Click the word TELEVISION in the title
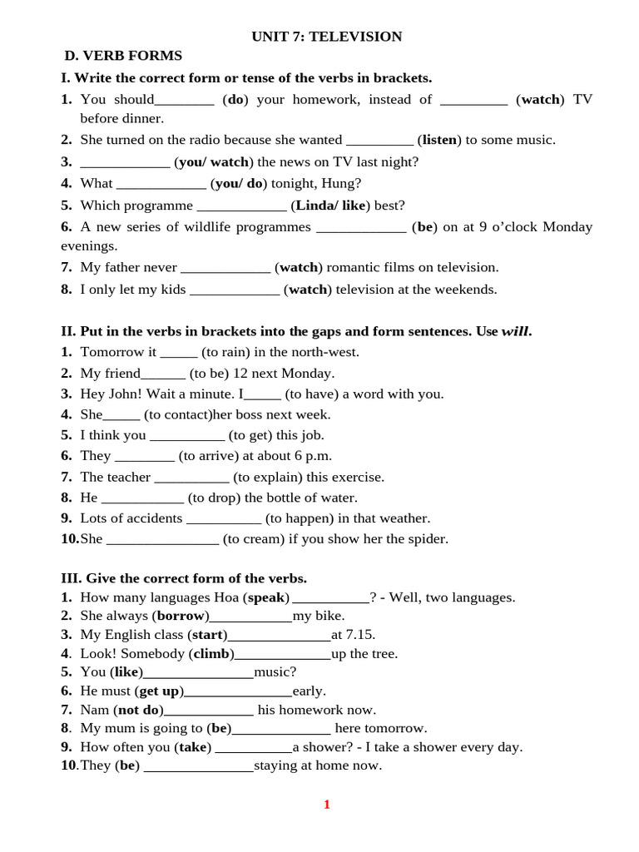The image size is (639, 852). (x=355, y=37)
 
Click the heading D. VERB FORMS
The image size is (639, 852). (x=123, y=56)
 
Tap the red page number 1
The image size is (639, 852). (x=327, y=804)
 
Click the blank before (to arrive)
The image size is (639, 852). (x=144, y=456)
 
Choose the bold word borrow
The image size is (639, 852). (x=181, y=617)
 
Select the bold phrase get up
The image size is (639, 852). (x=159, y=691)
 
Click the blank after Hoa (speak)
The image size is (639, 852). (x=331, y=597)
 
